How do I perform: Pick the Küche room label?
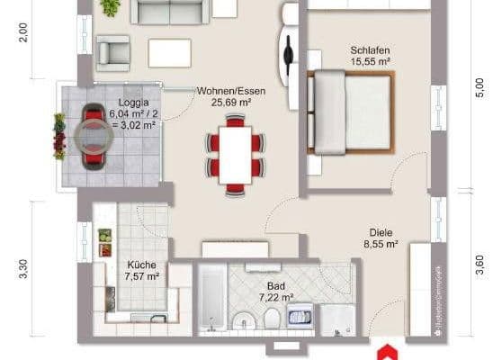click(142, 265)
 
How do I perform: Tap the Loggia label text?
click(132, 103)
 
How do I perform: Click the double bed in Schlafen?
click(351, 112)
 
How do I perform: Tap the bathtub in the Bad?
click(211, 298)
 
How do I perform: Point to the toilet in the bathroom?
click(271, 319)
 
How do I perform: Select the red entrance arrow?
click(387, 351)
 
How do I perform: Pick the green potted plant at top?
click(111, 8)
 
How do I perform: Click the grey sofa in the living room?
click(171, 11)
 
